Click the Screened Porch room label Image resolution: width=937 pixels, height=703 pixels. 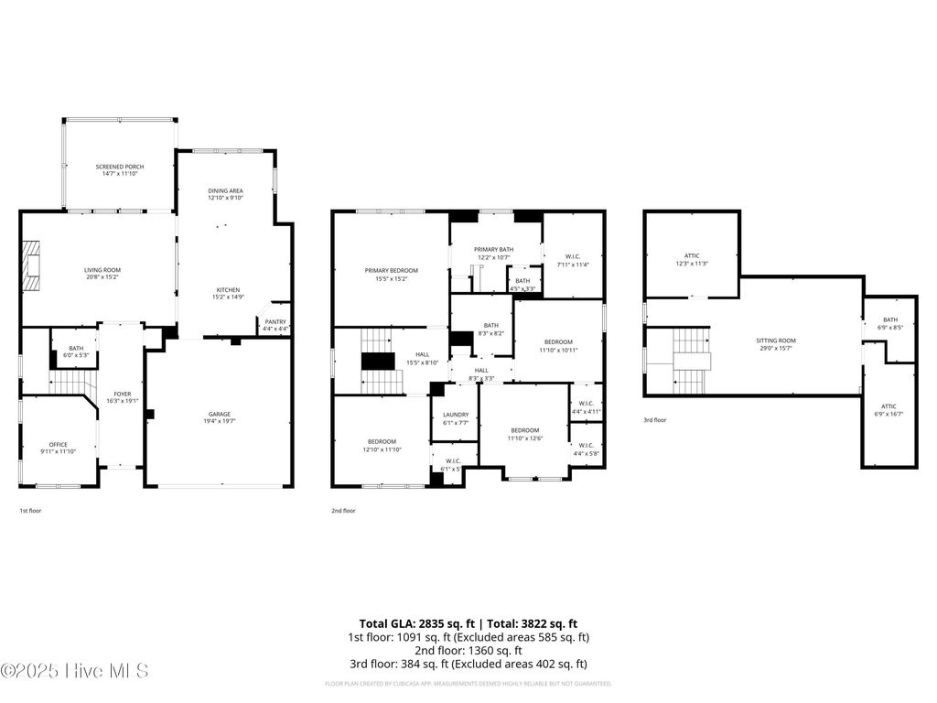point(120,167)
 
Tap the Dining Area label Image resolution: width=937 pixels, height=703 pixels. point(225,190)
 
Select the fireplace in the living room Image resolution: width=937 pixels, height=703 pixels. point(33,265)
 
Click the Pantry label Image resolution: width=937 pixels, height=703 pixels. point(275,321)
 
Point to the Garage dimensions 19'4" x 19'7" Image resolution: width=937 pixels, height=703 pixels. point(219,422)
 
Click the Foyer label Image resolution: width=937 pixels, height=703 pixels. point(123,394)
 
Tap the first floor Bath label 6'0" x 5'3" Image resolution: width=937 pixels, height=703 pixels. point(75,348)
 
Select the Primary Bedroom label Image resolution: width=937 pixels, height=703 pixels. point(391,270)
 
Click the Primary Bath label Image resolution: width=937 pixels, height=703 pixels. point(493,249)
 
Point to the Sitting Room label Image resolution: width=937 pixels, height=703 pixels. point(776,340)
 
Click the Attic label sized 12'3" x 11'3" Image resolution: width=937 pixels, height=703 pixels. point(692,255)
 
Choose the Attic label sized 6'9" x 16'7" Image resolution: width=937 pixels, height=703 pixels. point(889,406)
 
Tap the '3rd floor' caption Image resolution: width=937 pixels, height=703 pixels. point(654,419)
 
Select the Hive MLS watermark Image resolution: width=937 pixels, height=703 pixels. point(75,671)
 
